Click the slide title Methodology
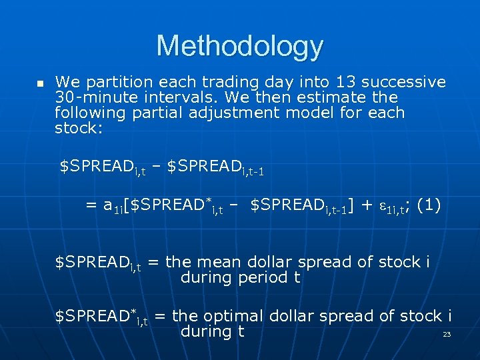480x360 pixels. click(240, 46)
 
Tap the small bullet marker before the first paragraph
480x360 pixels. click(39, 84)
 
